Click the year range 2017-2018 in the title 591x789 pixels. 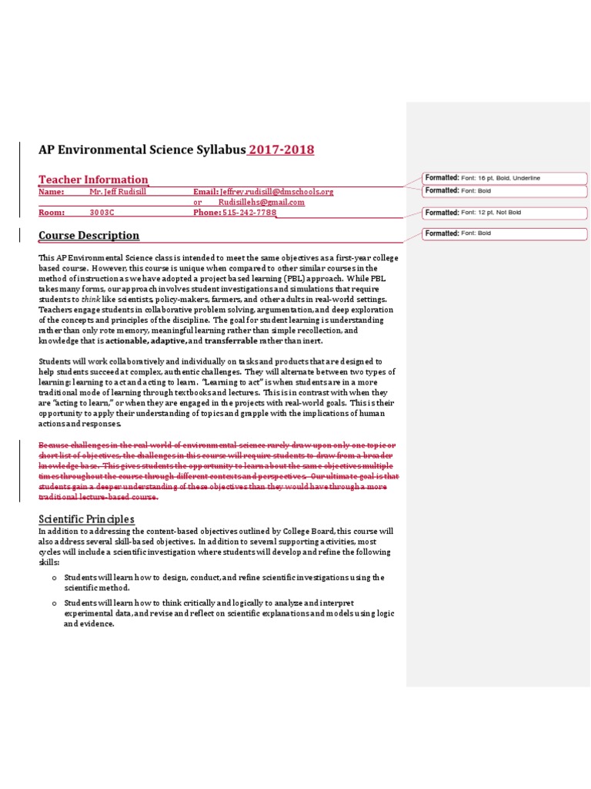[x=281, y=149]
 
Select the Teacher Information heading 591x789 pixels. [x=93, y=180]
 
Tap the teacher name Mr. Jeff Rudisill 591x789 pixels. [x=118, y=191]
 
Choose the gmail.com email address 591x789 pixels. [x=261, y=202]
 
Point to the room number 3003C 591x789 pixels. [x=102, y=213]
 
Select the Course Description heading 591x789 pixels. [x=88, y=235]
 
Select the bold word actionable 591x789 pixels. [x=127, y=341]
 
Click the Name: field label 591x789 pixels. [x=51, y=191]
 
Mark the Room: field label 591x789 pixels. [x=51, y=213]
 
